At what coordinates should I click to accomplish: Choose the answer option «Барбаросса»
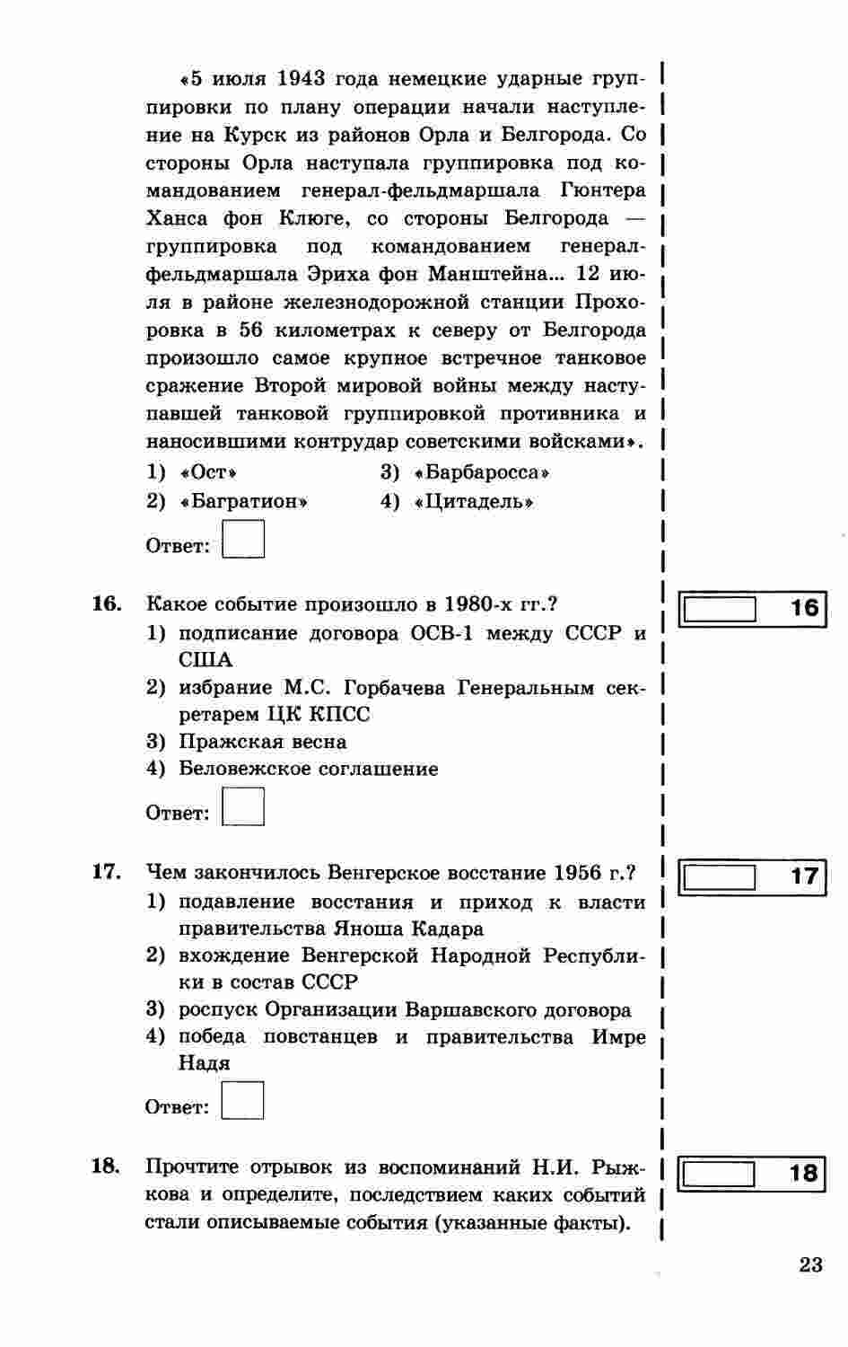click(481, 472)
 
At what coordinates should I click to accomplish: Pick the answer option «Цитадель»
click(474, 501)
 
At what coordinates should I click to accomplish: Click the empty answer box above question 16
click(243, 541)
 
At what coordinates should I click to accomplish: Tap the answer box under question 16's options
click(243, 806)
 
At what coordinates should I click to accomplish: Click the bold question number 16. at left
click(107, 603)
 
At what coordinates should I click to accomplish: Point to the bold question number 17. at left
click(107, 872)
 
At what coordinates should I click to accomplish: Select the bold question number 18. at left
click(107, 1167)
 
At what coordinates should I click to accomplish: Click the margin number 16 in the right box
click(805, 609)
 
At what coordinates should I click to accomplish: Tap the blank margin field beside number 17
click(720, 876)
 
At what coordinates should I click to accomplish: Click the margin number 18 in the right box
click(804, 1174)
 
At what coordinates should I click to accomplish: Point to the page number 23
click(809, 1265)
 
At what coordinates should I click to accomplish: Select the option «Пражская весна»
click(263, 742)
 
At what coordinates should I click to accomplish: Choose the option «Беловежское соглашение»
click(308, 769)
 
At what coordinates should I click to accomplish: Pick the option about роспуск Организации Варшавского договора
click(405, 1009)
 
